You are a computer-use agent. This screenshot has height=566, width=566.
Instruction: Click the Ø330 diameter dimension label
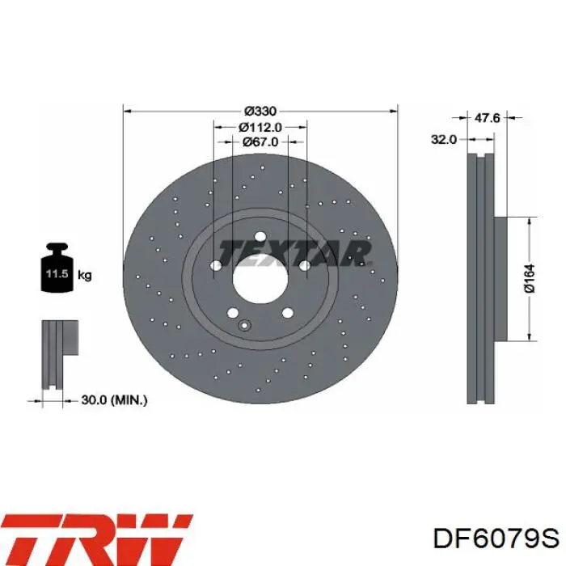[260, 111]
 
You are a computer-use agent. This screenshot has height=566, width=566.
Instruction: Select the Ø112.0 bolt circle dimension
[260, 127]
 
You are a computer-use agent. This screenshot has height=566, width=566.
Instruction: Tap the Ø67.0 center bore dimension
[260, 141]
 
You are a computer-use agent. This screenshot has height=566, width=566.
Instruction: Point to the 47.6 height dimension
[487, 118]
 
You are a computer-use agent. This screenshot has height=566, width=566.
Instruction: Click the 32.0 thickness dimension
[444, 139]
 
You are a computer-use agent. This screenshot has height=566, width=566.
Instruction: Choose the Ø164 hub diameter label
[530, 278]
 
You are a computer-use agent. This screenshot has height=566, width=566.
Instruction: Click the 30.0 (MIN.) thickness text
[114, 400]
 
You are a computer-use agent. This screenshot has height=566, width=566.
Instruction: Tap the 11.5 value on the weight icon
[57, 273]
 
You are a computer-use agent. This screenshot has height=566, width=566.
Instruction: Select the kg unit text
[85, 276]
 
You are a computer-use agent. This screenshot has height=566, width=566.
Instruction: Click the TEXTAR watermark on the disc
[294, 252]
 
